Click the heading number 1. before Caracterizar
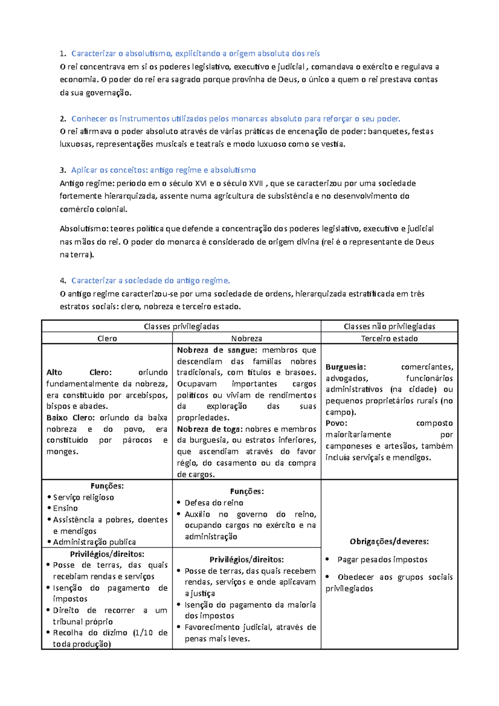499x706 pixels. click(62, 54)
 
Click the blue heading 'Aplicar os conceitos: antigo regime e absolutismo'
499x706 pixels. click(163, 170)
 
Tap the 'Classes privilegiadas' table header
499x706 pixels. click(181, 326)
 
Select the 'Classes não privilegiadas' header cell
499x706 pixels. click(389, 326)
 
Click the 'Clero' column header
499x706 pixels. click(107, 338)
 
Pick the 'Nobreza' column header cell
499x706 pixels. click(247, 338)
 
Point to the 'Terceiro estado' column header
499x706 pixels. click(389, 338)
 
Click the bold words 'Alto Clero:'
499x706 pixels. click(79, 373)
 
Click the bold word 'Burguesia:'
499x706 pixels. click(346, 367)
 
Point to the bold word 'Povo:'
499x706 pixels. click(336, 423)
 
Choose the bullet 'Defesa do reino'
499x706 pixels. click(214, 503)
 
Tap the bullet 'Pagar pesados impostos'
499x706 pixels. click(382, 560)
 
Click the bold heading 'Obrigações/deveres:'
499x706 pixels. click(389, 541)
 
